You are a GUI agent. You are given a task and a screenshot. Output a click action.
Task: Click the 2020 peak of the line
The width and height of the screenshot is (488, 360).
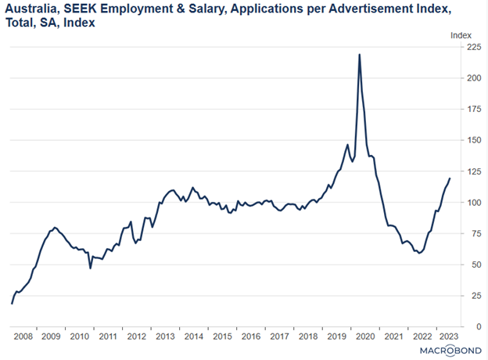point(359,55)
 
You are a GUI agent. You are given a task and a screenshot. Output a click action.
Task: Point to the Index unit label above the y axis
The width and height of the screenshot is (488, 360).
point(461,34)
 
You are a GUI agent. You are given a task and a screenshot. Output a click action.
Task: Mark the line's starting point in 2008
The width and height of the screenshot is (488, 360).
point(12,304)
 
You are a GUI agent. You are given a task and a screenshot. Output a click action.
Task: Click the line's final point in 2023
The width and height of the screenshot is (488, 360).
point(450,178)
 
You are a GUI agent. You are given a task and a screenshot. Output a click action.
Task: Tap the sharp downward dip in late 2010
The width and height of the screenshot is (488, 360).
point(90,268)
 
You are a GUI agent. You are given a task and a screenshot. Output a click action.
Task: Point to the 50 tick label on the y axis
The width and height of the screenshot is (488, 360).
point(472,265)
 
